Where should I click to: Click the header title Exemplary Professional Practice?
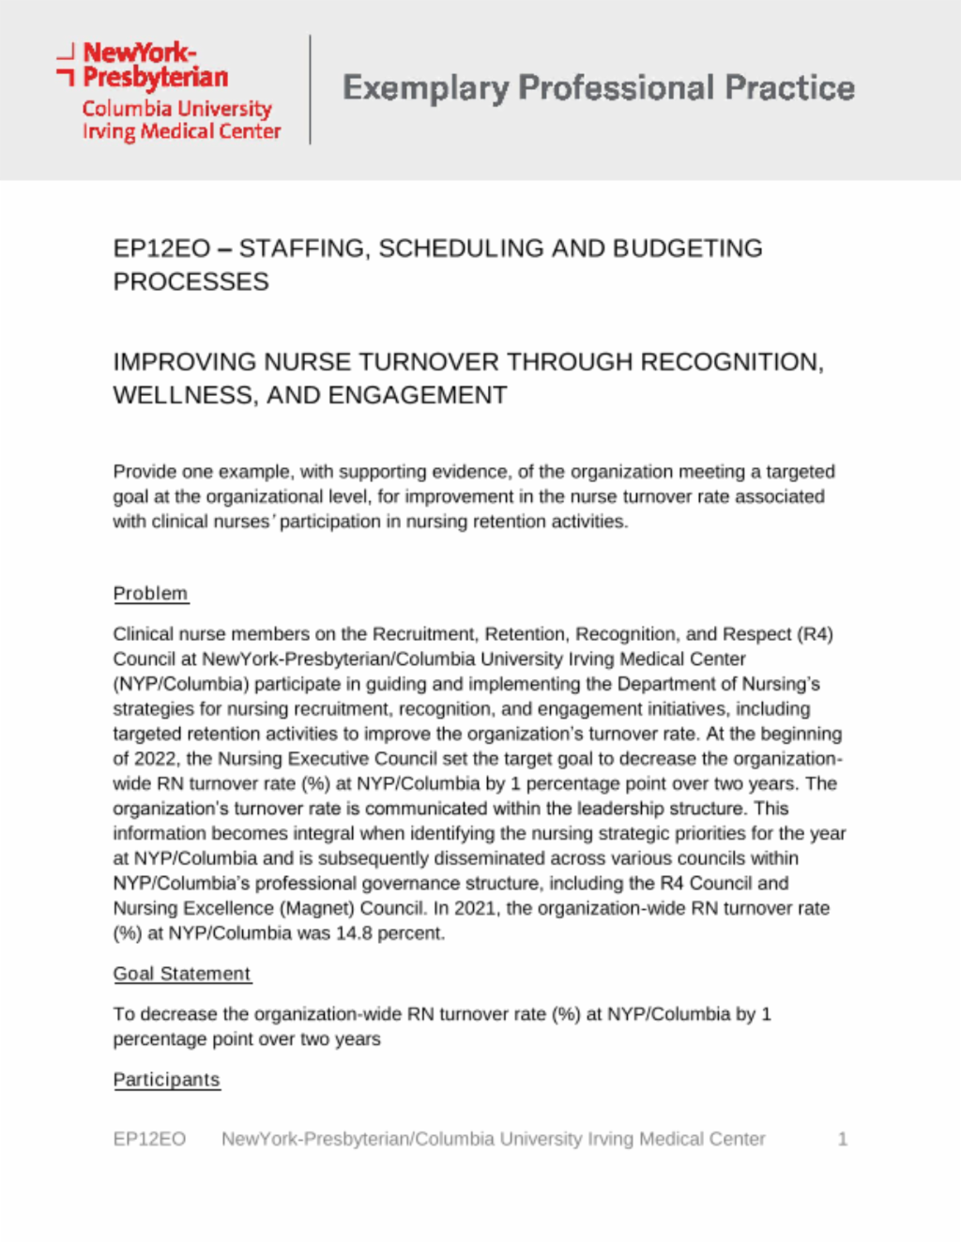click(x=599, y=88)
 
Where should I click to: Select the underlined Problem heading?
click(x=150, y=594)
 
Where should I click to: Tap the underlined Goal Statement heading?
click(x=182, y=974)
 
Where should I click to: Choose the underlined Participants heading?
click(x=166, y=1080)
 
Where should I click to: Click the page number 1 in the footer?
click(x=842, y=1139)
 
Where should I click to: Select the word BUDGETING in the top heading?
click(x=688, y=249)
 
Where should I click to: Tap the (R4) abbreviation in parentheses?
click(x=814, y=634)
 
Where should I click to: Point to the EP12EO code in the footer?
click(x=149, y=1139)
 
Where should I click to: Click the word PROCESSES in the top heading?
click(x=191, y=282)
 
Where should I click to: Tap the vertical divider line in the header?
click(x=310, y=89)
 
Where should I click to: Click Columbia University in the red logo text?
click(x=176, y=109)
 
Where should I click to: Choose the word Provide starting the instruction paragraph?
click(x=144, y=472)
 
